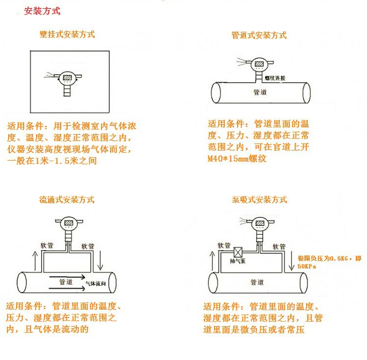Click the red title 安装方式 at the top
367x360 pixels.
[43, 11]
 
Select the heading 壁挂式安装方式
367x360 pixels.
[67, 35]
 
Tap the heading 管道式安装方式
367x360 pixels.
[259, 35]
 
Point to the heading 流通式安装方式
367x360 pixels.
[67, 200]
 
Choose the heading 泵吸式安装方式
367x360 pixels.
[259, 200]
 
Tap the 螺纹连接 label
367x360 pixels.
[275, 78]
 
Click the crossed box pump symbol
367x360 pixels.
[240, 252]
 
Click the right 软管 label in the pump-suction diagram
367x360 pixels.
[279, 246]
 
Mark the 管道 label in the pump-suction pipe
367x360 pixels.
[257, 283]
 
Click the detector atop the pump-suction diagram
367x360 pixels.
[259, 226]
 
